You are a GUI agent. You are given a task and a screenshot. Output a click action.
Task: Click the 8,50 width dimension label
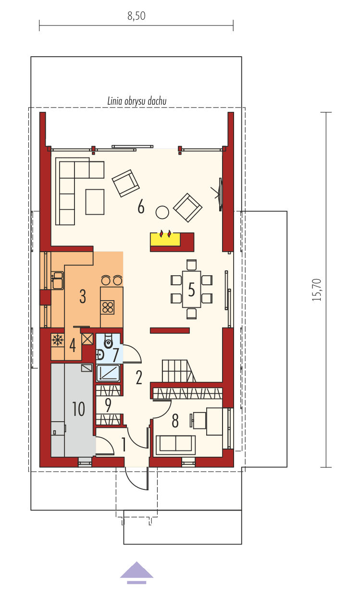(x=137, y=15)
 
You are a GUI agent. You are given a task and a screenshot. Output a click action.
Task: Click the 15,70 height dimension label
(x=316, y=290)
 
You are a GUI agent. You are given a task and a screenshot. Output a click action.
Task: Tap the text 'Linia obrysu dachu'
(x=137, y=101)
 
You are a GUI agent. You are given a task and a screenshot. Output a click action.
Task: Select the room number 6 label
(x=141, y=207)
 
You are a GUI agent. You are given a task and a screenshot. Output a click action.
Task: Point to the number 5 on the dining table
(x=191, y=290)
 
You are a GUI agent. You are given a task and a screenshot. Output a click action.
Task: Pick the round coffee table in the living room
(x=162, y=212)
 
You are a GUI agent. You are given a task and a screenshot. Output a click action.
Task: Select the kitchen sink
(x=58, y=280)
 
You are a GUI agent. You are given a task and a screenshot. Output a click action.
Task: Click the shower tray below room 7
(x=109, y=373)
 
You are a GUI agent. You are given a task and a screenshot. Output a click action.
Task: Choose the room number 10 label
(x=78, y=409)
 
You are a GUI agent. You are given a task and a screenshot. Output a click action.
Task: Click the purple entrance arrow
(x=137, y=572)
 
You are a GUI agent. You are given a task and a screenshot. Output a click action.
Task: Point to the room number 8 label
(x=175, y=421)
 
